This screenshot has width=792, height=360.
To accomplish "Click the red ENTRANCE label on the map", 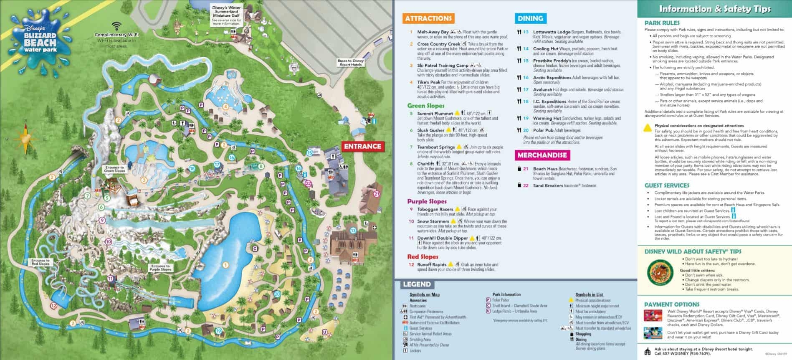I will click(x=362, y=146).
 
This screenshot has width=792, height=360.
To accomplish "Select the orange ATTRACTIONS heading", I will click(x=428, y=18).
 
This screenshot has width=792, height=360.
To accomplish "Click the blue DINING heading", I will click(x=530, y=18).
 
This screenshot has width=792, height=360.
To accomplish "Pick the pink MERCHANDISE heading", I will click(x=542, y=155).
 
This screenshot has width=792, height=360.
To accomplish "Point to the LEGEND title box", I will click(x=417, y=284).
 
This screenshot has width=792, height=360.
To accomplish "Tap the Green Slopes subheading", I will click(x=426, y=106).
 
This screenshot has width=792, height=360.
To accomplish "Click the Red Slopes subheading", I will click(x=423, y=257).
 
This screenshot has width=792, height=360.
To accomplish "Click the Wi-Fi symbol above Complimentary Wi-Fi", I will click(x=116, y=26).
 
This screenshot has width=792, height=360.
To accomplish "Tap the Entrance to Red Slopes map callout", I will click(x=40, y=262).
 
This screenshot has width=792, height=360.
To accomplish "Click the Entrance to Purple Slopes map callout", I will click(x=160, y=267).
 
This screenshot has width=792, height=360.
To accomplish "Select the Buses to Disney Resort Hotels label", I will click(x=351, y=63).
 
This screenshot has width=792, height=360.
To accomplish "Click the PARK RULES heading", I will click(x=662, y=23).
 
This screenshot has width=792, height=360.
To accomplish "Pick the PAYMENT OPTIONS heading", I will click(x=671, y=304).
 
